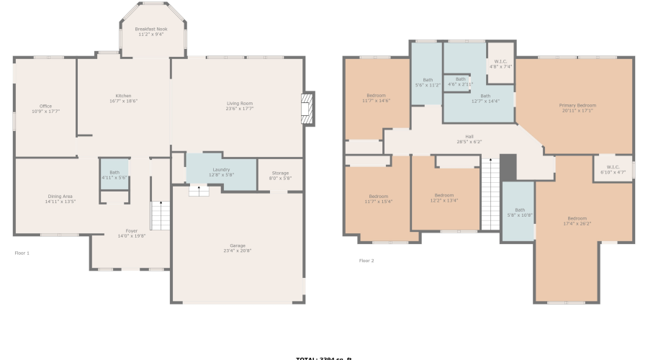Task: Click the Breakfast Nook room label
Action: coord(151,29)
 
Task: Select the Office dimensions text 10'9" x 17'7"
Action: coord(45,112)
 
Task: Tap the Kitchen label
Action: coord(123,96)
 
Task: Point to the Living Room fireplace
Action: coord(307,109)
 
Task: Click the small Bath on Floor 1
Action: coord(114,174)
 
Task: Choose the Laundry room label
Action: coord(221,169)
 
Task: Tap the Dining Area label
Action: coord(59,196)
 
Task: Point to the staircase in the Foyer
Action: coord(160,215)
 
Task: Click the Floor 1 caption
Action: coord(22,253)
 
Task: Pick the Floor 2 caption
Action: coord(366,260)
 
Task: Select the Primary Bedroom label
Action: coord(577,105)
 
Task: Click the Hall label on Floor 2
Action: coord(469,136)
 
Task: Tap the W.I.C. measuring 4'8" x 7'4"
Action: coord(500,63)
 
